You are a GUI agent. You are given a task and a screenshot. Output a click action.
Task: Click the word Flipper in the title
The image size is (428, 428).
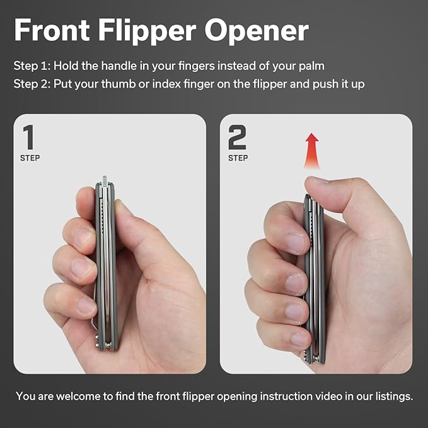(147, 30)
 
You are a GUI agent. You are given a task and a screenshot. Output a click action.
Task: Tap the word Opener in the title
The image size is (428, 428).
(257, 31)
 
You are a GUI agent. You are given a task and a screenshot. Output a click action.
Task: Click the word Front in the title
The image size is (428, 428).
(52, 30)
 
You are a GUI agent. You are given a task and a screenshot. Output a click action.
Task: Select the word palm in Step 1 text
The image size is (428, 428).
(311, 66)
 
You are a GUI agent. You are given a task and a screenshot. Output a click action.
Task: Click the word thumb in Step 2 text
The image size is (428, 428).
(119, 84)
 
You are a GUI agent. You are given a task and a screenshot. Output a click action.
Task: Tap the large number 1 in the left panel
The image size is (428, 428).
(29, 137)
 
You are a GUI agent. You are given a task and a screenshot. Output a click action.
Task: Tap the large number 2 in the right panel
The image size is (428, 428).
(237, 137)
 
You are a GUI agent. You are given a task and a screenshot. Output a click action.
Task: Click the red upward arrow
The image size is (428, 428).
(311, 151)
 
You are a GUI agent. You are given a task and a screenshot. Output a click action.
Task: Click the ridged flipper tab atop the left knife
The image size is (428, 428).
(105, 181)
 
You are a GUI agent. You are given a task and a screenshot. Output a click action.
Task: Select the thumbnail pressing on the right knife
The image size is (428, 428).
(316, 180)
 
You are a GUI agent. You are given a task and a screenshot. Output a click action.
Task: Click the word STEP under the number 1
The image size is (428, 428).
(30, 158)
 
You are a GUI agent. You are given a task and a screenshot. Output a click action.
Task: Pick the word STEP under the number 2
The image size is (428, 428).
(238, 158)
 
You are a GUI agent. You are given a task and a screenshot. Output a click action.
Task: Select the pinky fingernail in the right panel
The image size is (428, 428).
(299, 339)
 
